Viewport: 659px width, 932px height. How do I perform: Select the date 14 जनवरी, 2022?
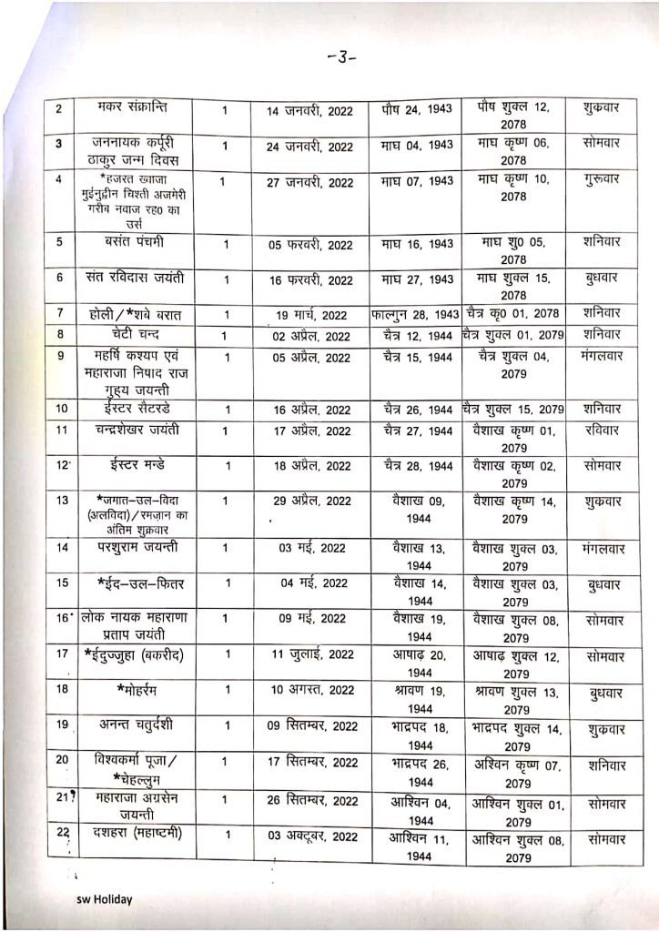coord(309,111)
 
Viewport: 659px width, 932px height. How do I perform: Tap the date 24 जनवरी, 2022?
coord(309,147)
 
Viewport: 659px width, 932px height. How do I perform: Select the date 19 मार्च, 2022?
coord(309,316)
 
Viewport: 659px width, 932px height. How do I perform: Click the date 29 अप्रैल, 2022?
coord(309,501)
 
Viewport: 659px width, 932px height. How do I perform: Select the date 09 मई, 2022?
coord(309,619)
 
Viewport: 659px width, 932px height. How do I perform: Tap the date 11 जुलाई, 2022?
coord(309,654)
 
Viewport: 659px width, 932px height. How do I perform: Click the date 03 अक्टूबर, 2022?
coord(309,836)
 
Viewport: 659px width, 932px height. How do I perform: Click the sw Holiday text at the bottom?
coord(104,899)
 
